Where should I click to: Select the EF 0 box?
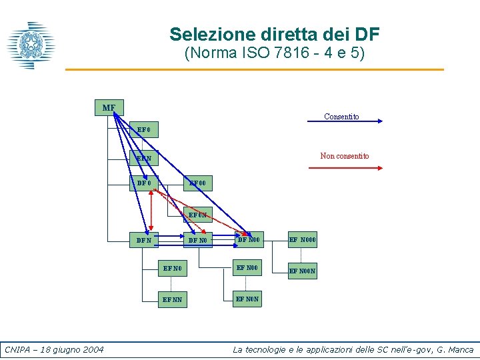tap(144, 129)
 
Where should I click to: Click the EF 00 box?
tap(198, 183)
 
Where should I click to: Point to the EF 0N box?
tap(198, 215)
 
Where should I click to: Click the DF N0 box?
tap(198, 239)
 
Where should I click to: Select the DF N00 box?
tap(249, 239)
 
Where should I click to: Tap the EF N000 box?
tap(303, 239)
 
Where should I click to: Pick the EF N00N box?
tap(303, 271)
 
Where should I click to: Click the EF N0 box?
tap(171, 269)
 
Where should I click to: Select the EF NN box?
tap(171, 300)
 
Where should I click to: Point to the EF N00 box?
tap(249, 268)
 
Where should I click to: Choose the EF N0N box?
tap(249, 299)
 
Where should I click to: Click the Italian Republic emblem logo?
tap(30, 45)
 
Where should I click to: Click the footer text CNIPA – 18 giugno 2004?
tap(54, 350)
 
